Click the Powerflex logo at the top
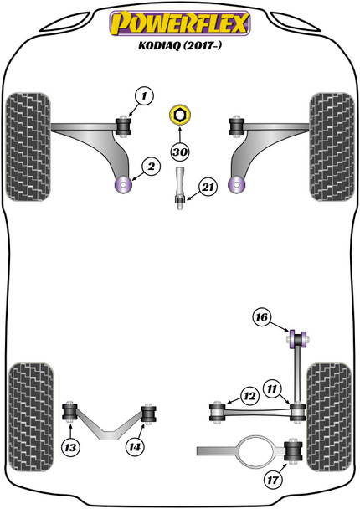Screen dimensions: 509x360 [x=180, y=24]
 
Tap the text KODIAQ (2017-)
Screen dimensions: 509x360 [x=180, y=49]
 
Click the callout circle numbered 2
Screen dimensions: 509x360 [x=152, y=167]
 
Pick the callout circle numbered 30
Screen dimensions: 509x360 [x=179, y=152]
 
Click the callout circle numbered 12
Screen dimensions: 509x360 [x=249, y=395]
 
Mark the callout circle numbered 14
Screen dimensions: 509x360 [x=136, y=449]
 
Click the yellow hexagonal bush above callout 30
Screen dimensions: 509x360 [x=179, y=116]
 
